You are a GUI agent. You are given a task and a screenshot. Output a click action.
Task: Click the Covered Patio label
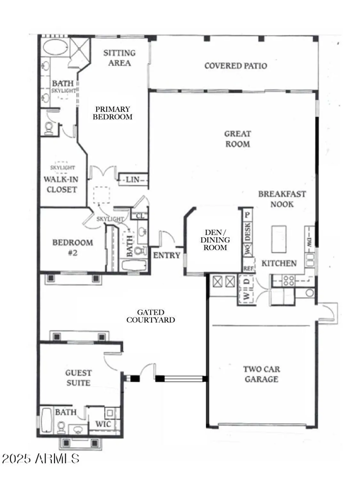click(236, 66)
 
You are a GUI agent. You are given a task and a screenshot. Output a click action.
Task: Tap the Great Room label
click(237, 139)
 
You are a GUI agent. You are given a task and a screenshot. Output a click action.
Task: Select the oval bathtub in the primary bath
click(55, 48)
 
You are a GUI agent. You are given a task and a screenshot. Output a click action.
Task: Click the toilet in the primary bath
click(49, 128)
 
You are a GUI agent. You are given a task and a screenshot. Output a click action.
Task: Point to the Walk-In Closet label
click(61, 184)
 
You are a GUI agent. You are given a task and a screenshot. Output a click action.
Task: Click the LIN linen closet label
click(132, 180)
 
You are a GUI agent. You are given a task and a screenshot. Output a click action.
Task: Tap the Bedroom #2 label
click(73, 247)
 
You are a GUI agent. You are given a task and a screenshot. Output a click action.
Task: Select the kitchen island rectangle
click(279, 239)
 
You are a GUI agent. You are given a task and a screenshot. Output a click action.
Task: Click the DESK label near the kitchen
click(247, 232)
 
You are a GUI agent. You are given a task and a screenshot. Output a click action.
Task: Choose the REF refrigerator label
click(248, 268)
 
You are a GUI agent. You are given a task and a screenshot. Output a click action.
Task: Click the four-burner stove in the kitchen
click(288, 281)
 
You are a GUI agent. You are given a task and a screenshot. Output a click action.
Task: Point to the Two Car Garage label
click(261, 374)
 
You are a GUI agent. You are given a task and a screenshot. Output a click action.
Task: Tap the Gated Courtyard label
click(151, 316)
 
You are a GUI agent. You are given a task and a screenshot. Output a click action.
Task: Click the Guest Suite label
click(78, 378)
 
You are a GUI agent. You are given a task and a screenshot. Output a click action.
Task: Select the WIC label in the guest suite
click(103, 424)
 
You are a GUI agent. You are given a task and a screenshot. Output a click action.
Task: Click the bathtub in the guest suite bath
click(47, 419)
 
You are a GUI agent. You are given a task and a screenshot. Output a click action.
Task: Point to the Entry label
click(166, 255)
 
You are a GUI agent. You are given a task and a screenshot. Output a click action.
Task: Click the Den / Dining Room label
click(215, 240)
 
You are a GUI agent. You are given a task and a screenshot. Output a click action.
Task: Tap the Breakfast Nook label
click(282, 199)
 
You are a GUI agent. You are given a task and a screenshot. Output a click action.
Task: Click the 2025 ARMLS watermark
click(41, 459)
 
